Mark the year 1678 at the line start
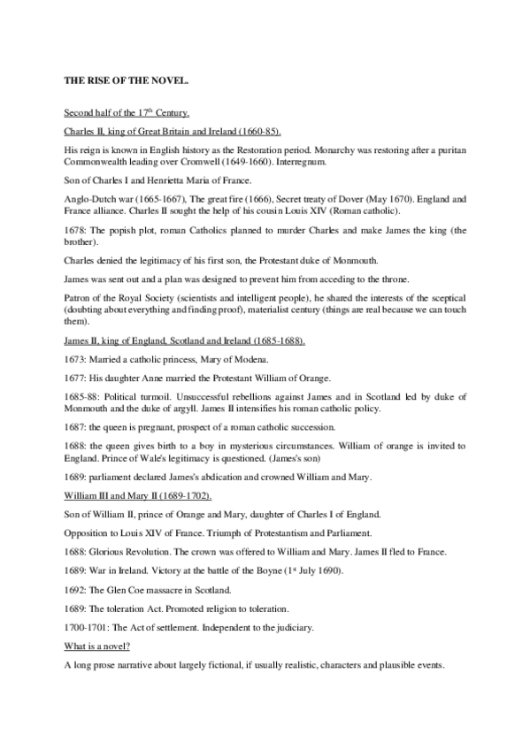75,228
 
